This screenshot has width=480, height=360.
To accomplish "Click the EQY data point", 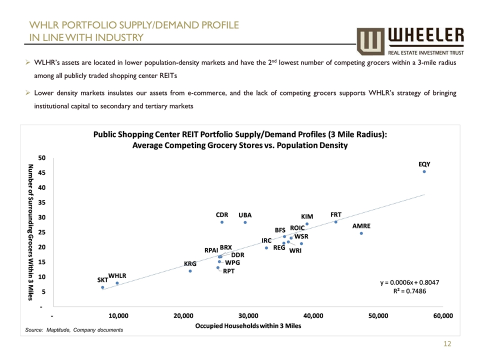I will pyautogui.click(x=424, y=171).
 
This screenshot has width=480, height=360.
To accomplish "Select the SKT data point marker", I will pyautogui.click(x=102, y=287).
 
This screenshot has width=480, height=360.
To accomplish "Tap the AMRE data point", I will pyautogui.click(x=361, y=233).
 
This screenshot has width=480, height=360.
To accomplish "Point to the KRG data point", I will pyautogui.click(x=190, y=271).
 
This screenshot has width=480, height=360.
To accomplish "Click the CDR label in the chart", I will pyautogui.click(x=222, y=214).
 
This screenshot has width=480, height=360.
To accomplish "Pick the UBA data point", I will pyautogui.click(x=245, y=222).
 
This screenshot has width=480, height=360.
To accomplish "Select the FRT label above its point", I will pyautogui.click(x=336, y=214).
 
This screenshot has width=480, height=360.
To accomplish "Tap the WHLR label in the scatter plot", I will pyautogui.click(x=117, y=275).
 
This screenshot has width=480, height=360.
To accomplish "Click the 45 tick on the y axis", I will pyautogui.click(x=42, y=172).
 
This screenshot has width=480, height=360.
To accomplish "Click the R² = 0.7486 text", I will pyautogui.click(x=410, y=291).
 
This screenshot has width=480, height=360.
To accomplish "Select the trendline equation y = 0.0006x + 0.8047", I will pyautogui.click(x=410, y=282).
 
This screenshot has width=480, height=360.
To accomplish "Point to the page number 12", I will pyautogui.click(x=447, y=344).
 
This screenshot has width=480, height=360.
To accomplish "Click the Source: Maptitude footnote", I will pyautogui.click(x=74, y=330).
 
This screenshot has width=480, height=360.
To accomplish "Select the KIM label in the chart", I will pyautogui.click(x=307, y=216).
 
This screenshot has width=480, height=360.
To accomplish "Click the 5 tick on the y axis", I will pyautogui.click(x=43, y=291).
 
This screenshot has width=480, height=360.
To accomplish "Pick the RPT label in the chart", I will pyautogui.click(x=229, y=271).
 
